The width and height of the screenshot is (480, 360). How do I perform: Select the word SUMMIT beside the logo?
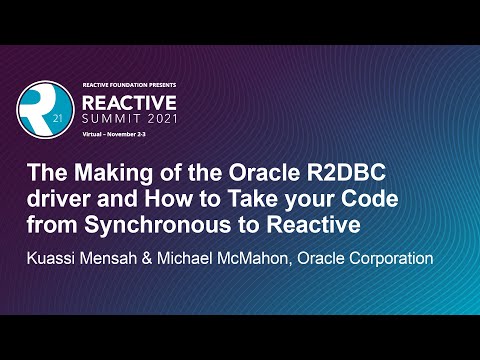[111, 126]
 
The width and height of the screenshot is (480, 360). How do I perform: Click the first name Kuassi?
[59, 259]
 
